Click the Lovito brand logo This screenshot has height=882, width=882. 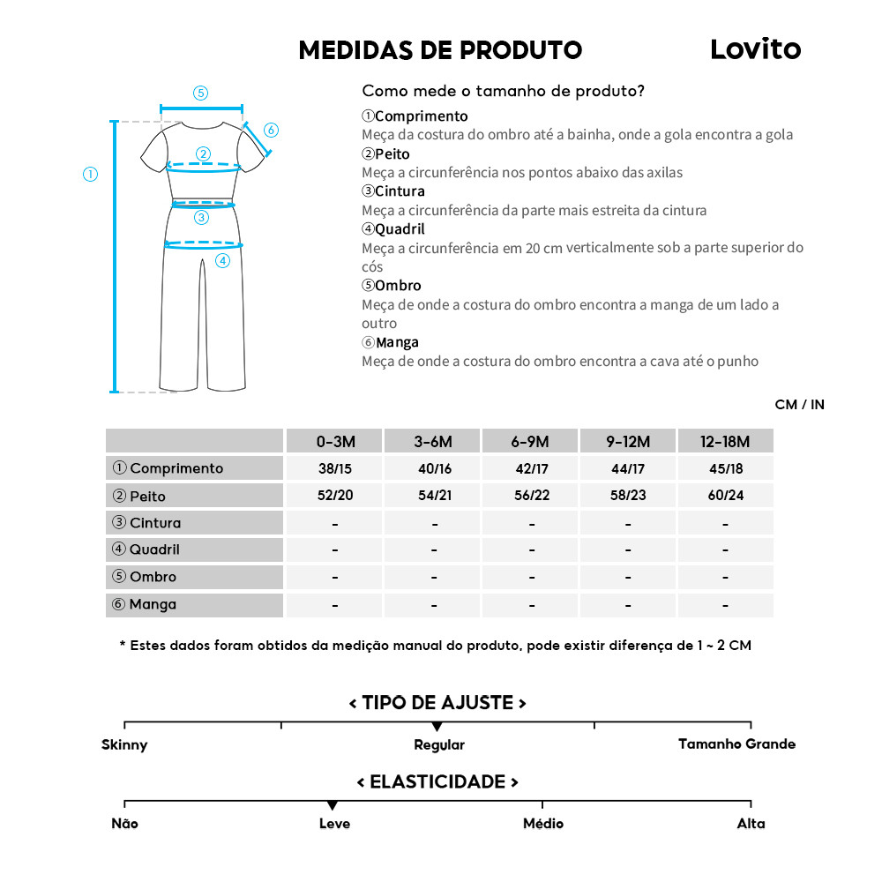pyautogui.click(x=755, y=50)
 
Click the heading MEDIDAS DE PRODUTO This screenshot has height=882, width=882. pyautogui.click(x=440, y=50)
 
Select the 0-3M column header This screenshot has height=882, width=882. pyautogui.click(x=334, y=441)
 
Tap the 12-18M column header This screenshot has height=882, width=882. pyautogui.click(x=725, y=441)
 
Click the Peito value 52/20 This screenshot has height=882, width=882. pyautogui.click(x=334, y=496)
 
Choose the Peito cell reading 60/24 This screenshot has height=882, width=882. pyautogui.click(x=725, y=496)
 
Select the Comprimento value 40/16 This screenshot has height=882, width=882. pyautogui.click(x=434, y=468)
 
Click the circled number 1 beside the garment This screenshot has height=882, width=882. pyautogui.click(x=90, y=175)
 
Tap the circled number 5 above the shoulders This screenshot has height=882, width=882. pyautogui.click(x=200, y=93)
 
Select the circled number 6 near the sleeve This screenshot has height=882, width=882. pyautogui.click(x=271, y=131)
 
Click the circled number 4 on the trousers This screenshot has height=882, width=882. pyautogui.click(x=222, y=260)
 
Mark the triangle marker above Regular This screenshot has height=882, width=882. pyautogui.click(x=437, y=727)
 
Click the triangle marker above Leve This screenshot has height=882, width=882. pyautogui.click(x=332, y=806)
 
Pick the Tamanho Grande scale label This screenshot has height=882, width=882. pyautogui.click(x=736, y=744)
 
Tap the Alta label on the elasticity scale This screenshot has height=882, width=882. pyautogui.click(x=751, y=824)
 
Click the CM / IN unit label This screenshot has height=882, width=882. pyautogui.click(x=799, y=405)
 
